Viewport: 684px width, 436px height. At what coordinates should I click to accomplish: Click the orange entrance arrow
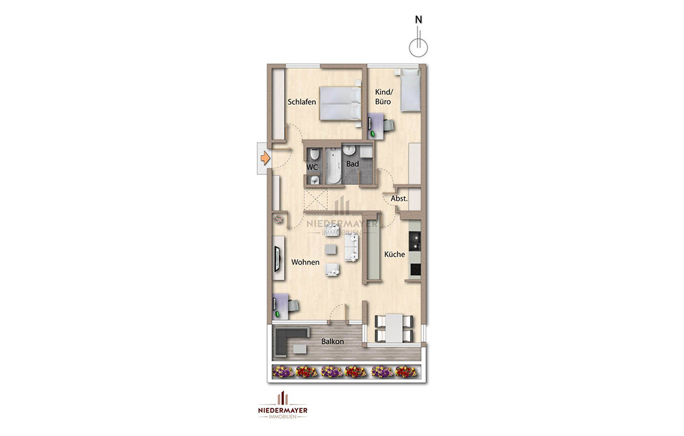pos(265,158)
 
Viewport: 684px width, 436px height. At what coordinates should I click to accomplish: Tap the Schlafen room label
pos(302,102)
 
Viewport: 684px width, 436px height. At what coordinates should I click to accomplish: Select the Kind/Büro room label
pos(384,97)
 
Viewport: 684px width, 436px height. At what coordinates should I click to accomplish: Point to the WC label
pos(312,167)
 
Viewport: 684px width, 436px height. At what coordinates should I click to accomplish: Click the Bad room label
pos(353,164)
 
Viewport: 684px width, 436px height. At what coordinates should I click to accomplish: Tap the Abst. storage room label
pos(399,198)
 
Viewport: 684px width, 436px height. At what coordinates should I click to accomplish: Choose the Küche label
pos(394,254)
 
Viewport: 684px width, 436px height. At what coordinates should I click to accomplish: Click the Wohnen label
pos(305,262)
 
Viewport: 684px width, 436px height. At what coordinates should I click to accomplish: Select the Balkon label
pos(333,341)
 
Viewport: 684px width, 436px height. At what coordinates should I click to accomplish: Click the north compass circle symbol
pos(418,47)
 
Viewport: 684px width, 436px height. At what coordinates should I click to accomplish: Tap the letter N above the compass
pos(418,19)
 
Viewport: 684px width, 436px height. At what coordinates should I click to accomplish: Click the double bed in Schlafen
pos(340,103)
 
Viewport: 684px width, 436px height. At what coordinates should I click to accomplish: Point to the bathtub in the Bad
pos(333,166)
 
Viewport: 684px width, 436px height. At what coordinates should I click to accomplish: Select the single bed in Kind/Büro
pos(410,90)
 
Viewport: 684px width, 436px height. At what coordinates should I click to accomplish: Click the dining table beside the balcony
pos(394,328)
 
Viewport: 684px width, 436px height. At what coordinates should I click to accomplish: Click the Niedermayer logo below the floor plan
pos(283,405)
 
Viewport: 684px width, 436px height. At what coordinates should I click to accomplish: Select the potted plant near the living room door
pos(278,219)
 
